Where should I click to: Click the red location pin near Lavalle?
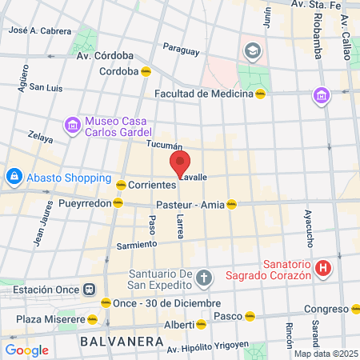click(x=180, y=164)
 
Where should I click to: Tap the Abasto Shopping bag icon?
click(x=14, y=175)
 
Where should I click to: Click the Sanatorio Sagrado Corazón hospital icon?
click(x=323, y=268)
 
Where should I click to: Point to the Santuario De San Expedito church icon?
click(x=204, y=278)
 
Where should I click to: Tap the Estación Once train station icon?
click(x=90, y=289)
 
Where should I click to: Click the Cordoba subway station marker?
click(x=146, y=71)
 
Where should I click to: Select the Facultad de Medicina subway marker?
click(x=260, y=93)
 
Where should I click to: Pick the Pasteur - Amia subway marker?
click(x=231, y=203)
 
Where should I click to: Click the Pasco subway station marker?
click(x=250, y=315)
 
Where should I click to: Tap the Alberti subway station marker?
click(x=201, y=324)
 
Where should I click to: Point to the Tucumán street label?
click(x=165, y=145)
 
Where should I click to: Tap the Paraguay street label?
click(x=180, y=50)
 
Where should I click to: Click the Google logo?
click(x=26, y=350)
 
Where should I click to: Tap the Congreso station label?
click(x=325, y=309)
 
